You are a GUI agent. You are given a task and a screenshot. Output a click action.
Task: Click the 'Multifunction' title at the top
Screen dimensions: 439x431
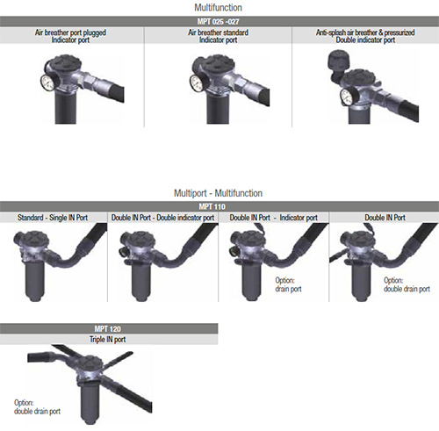coord(218,8)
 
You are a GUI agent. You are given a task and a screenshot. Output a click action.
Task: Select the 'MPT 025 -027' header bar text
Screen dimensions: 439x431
coord(218,21)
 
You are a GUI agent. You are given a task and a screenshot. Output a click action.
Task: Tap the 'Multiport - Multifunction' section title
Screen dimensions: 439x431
coord(218,193)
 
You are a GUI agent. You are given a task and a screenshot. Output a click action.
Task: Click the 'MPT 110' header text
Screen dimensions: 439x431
coord(212,206)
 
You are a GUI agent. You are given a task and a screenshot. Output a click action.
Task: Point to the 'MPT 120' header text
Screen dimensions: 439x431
coord(107,329)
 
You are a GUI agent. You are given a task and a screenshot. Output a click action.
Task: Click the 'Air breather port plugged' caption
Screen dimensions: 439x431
coord(70,32)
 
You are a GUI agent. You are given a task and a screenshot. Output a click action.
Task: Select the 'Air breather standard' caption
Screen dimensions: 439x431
coord(218,32)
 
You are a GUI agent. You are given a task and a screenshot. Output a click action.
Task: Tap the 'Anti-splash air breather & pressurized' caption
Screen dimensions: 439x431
coord(365,32)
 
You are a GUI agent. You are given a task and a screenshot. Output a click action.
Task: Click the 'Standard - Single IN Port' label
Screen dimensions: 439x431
coord(53,218)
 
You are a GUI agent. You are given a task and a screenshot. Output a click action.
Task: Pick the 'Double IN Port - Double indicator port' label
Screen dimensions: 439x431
coord(162,218)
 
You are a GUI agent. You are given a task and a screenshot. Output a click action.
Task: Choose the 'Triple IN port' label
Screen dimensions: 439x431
coord(107,340)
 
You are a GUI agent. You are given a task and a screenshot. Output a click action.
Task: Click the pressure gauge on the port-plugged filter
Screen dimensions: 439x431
coord(47,83)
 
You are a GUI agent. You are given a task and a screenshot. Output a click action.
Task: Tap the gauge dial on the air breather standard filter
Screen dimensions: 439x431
coord(196,83)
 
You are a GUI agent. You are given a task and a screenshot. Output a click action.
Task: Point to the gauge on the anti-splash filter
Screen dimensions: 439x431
coord(347,97)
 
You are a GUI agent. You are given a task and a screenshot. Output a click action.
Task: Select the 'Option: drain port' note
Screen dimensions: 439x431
coord(288,284)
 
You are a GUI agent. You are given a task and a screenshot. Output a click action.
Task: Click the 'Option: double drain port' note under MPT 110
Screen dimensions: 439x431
coord(407,284)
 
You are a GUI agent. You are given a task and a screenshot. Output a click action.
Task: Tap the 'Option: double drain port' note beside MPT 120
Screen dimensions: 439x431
coord(37,407)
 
